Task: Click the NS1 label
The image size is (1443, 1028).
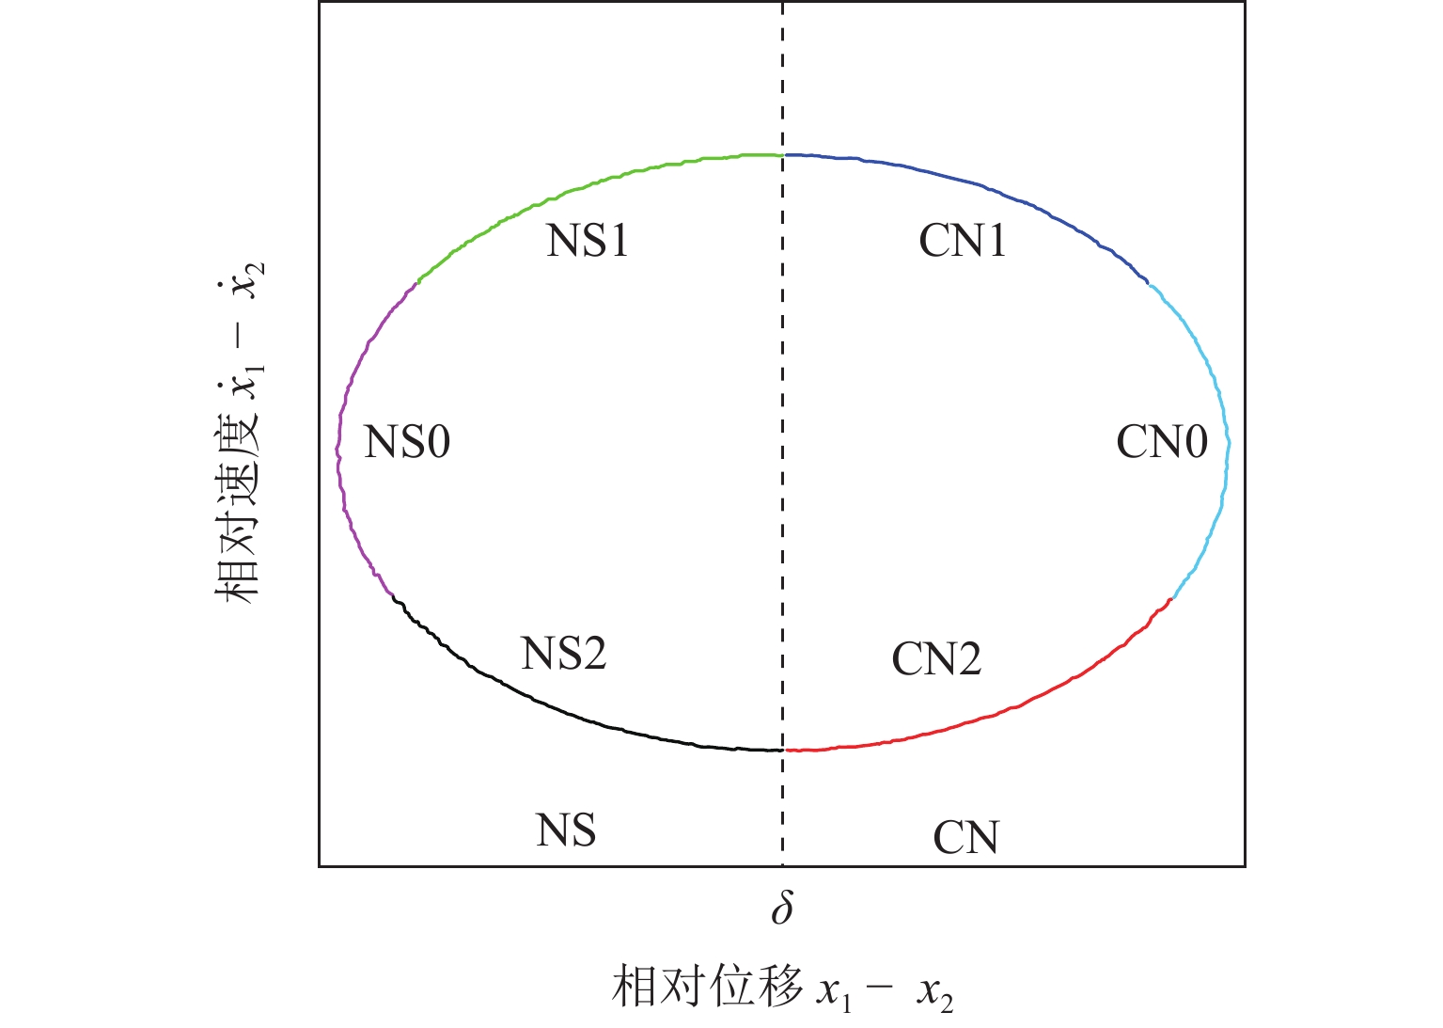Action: (588, 241)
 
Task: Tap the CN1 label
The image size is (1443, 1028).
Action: (963, 241)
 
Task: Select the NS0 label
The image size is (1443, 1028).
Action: (407, 442)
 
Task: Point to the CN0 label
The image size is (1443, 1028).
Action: (1162, 442)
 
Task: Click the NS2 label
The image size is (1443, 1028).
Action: (564, 653)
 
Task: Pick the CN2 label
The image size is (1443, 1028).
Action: (936, 658)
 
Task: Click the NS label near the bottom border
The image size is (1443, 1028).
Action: (566, 830)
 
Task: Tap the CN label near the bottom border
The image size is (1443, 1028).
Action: (965, 837)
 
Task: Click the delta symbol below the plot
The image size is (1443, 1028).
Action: (782, 908)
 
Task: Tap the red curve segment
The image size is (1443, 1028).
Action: (1005, 709)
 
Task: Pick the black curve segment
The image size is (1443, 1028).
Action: (554, 707)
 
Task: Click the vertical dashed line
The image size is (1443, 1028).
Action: (783, 434)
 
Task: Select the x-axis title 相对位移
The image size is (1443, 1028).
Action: (707, 987)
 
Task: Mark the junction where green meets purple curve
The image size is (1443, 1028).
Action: (417, 282)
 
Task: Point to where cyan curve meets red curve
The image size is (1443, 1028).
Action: (1172, 599)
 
